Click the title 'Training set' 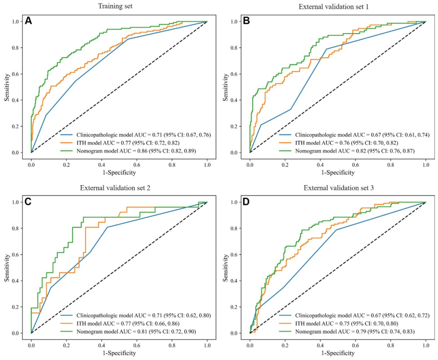[119, 6]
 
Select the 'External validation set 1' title [337, 6]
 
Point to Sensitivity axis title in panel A [8, 87]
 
